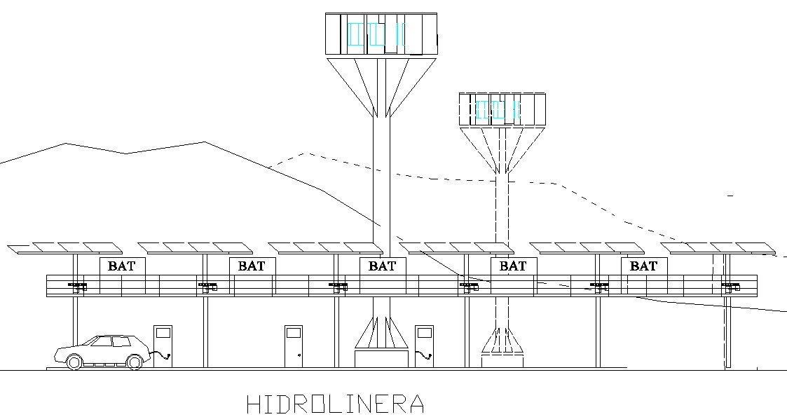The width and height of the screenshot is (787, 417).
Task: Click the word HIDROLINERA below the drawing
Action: click(335, 404)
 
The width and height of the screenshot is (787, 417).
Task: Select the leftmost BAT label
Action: click(121, 266)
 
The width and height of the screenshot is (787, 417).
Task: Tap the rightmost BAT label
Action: click(643, 266)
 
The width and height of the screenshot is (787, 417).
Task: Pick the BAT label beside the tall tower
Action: click(383, 266)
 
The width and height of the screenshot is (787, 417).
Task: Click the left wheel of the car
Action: click(74, 362)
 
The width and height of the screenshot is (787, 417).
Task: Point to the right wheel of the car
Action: click(135, 362)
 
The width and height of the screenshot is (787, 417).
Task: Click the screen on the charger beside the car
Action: click(163, 332)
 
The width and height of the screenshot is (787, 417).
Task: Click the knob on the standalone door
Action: click(300, 355)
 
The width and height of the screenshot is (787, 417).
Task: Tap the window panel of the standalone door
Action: click(294, 332)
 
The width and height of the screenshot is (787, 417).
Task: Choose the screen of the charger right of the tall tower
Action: click(424, 332)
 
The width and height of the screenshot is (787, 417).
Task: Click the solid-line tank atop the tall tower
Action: click(381, 34)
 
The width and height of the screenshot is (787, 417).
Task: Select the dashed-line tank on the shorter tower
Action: click(502, 109)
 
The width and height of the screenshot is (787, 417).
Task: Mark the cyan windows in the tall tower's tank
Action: click(376, 34)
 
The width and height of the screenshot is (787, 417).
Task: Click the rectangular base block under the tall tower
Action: click(381, 359)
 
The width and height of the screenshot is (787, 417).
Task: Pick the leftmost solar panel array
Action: click(65, 248)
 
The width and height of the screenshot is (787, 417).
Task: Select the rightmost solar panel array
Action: click(719, 248)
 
